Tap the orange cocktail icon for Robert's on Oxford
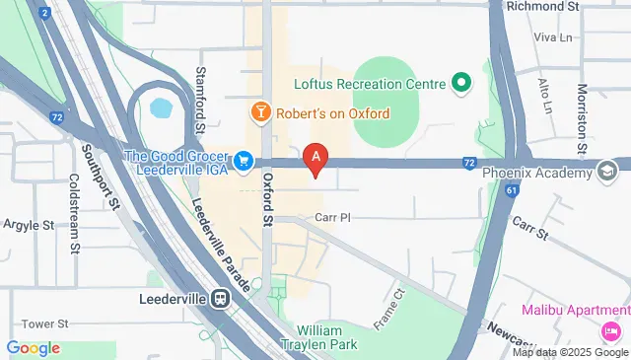click(260, 112)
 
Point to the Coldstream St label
click(74, 215)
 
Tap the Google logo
click(33, 348)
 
